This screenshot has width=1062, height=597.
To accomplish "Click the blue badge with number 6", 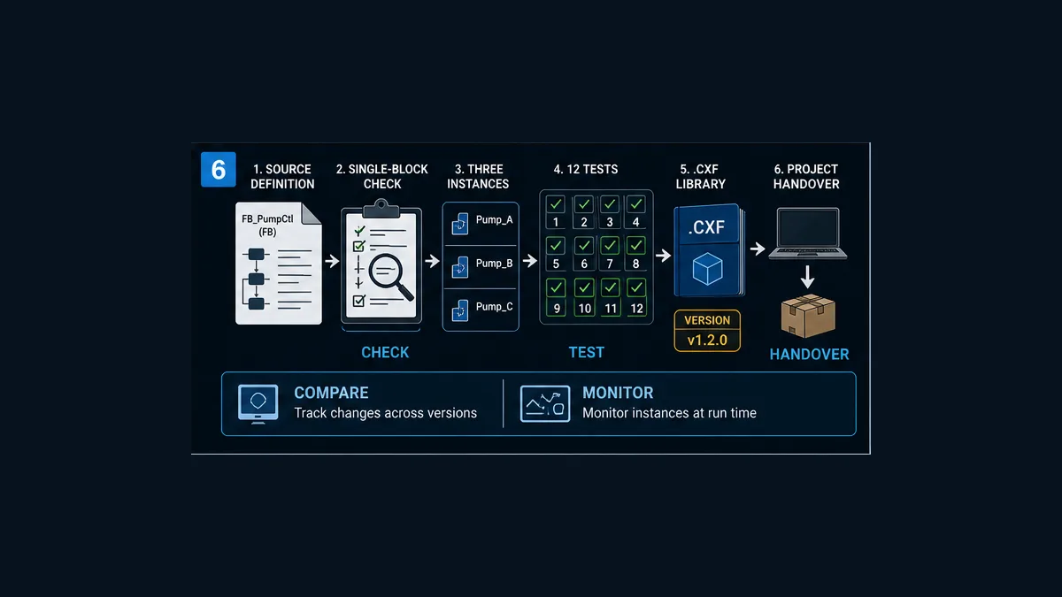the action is (x=218, y=169).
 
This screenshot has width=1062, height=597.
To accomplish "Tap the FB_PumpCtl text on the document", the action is (x=267, y=219).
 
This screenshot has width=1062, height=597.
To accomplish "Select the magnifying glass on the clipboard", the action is (x=390, y=277).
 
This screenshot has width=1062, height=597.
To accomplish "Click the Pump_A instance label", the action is (x=494, y=220).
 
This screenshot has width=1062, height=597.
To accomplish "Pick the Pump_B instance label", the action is (x=494, y=264).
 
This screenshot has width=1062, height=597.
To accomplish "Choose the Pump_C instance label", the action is (x=494, y=307).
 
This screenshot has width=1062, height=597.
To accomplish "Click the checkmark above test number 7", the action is (x=610, y=246).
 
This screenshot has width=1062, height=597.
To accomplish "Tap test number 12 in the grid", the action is (x=636, y=309).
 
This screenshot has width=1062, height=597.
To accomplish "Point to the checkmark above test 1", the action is (x=556, y=204).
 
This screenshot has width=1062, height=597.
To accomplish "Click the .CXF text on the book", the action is (x=706, y=227).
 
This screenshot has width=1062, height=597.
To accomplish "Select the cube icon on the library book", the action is (x=707, y=269).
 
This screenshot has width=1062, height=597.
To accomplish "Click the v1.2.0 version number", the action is (x=707, y=341).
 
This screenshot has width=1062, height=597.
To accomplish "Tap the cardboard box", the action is (x=808, y=316).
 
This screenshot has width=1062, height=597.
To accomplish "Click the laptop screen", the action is (x=808, y=228).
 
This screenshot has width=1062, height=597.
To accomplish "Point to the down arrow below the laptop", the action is (x=807, y=277).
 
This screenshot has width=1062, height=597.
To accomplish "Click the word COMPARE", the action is (x=331, y=393).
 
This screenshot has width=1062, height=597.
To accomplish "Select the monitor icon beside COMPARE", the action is (x=258, y=404).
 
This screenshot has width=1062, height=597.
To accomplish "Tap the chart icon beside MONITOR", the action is (x=545, y=403).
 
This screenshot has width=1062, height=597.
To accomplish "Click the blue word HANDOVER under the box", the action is (x=809, y=355).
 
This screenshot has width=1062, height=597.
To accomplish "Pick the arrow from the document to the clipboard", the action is (x=332, y=261).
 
